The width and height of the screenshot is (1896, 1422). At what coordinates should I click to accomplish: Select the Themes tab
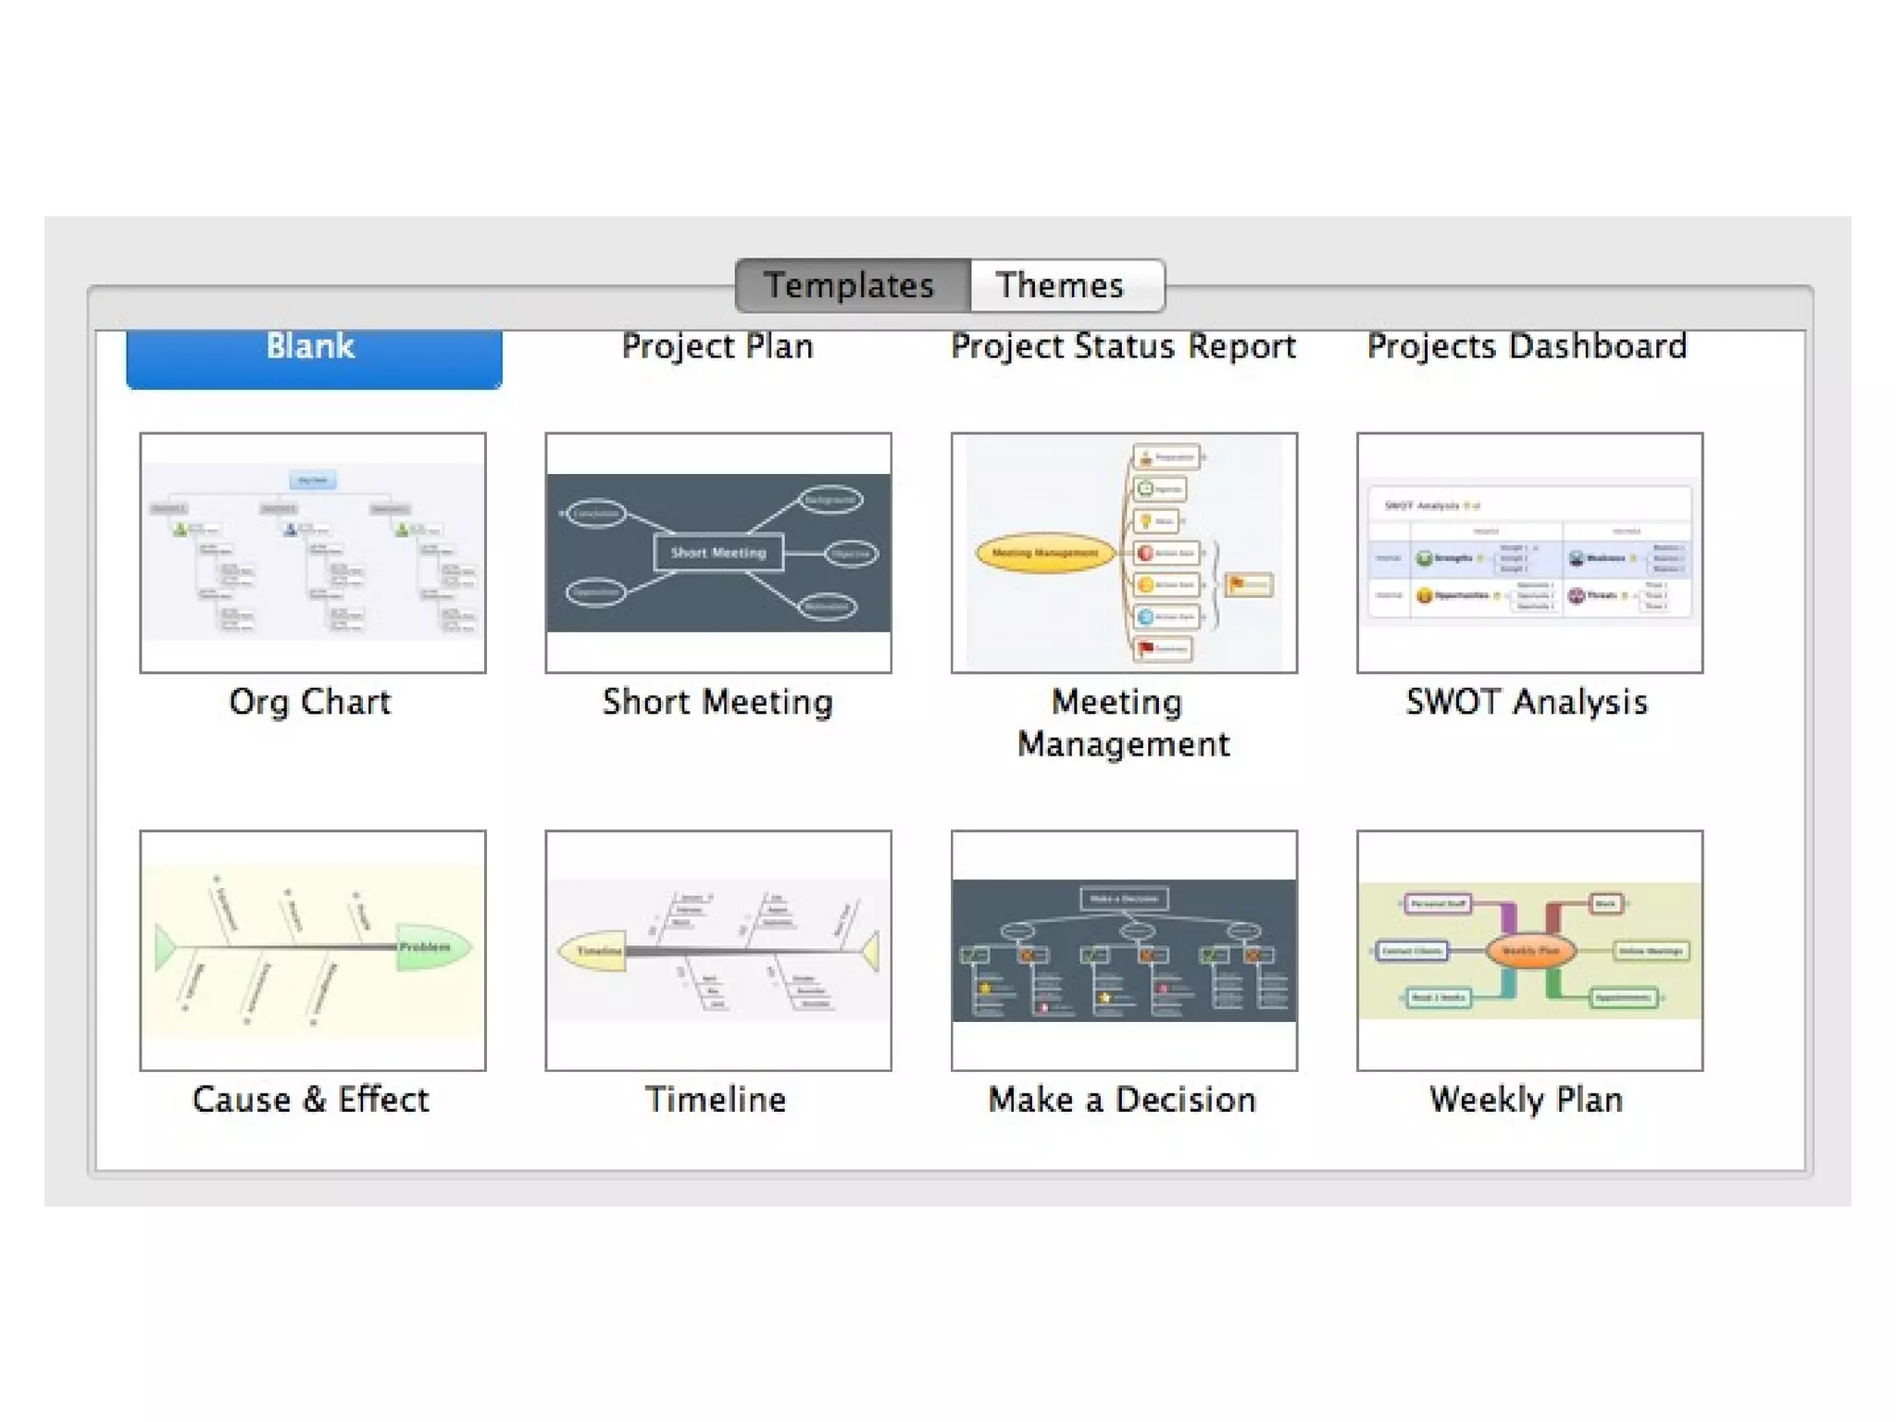coord(1061,285)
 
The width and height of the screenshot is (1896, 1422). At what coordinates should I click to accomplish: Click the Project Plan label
coord(717,346)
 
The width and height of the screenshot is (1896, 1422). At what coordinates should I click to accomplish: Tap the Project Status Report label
coord(1123,346)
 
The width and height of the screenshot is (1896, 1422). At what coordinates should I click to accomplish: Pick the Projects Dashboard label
coord(1527,346)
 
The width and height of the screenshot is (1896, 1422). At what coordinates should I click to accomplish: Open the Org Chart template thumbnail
coord(313,553)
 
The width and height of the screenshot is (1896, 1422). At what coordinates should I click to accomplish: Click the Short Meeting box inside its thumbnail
coord(718,553)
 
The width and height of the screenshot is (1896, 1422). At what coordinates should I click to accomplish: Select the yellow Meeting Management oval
coord(1044,553)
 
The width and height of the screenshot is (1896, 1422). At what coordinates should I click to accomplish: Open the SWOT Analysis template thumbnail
coord(1529,553)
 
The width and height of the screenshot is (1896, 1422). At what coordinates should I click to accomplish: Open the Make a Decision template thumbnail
coord(1124,950)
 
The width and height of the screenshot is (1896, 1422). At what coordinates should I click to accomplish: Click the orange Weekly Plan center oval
coord(1530,951)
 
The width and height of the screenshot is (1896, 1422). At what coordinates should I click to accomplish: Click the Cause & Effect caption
coord(311,1100)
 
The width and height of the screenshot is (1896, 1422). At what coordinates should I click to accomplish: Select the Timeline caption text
coord(716,1100)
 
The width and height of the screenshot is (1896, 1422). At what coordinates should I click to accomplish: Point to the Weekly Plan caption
coord(1527,1100)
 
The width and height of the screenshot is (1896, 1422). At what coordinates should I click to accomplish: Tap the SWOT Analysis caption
coord(1527,703)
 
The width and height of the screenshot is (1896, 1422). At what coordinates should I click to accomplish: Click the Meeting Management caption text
coord(1123,723)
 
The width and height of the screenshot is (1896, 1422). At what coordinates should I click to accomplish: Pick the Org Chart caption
coord(310,703)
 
